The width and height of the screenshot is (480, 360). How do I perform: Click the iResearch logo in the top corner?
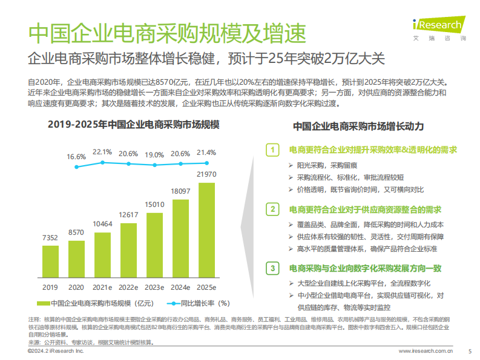[x=438, y=26]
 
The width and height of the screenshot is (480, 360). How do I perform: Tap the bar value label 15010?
[x=154, y=204]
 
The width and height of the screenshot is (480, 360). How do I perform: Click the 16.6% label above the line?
[x=76, y=156]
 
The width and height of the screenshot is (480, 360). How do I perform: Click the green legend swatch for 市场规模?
[x=44, y=303]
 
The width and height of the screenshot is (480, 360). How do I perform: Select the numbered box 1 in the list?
[x=273, y=149]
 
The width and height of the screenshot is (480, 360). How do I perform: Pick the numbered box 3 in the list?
[x=273, y=267]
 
